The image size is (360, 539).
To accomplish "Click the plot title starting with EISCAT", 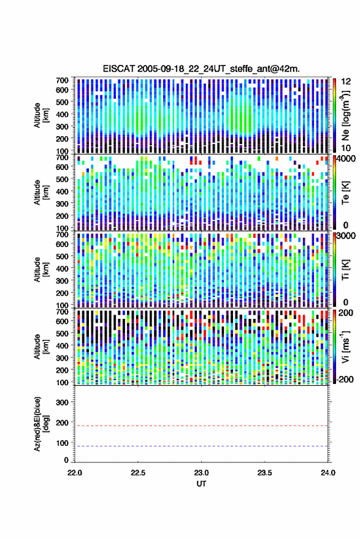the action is [201, 69].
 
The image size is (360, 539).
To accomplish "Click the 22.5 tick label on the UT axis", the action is [138, 473].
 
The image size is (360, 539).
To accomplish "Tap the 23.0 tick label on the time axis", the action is [201, 473].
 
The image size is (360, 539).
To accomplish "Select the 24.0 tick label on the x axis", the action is [327, 473].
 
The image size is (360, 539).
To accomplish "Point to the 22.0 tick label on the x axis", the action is [75, 473].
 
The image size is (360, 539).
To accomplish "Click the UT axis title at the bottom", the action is [201, 484].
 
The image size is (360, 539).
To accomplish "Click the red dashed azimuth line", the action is [201, 426].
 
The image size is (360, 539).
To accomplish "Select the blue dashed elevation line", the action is [201, 446].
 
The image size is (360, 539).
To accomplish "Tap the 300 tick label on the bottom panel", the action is [62, 402].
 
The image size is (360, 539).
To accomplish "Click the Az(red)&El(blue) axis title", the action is [40, 424].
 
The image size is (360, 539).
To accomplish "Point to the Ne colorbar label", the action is [346, 115].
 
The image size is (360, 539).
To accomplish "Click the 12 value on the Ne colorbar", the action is [347, 82].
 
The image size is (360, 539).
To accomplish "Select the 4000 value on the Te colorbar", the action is [347, 159].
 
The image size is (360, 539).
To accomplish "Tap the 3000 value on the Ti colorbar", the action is [347, 236].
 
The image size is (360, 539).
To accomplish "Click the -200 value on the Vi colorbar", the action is [345, 380].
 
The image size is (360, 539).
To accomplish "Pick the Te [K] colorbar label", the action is [345, 193].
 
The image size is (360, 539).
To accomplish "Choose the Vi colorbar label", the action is [345, 346].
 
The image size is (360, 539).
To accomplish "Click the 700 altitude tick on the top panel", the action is [62, 80].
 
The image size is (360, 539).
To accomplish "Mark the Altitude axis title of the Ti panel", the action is [40, 270].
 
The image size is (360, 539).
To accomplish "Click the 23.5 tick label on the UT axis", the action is [264, 473].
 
